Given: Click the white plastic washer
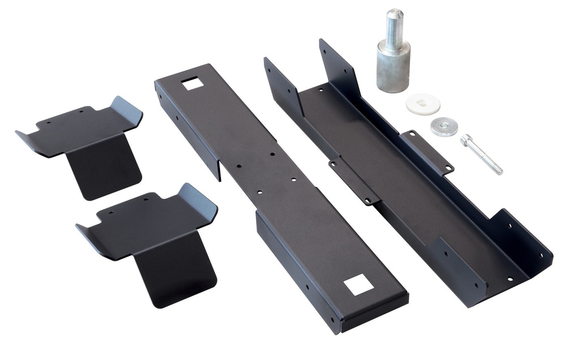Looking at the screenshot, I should tap(423, 104).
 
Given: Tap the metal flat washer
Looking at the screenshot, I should tap(444, 126).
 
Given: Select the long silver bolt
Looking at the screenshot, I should tap(482, 154).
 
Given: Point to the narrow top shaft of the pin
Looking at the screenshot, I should tap(394, 25).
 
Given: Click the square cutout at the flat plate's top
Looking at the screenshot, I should tap(193, 84).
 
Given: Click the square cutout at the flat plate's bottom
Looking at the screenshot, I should tap(359, 284).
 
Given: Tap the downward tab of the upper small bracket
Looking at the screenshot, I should tap(105, 170).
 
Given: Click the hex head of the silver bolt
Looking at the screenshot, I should tap(466, 139).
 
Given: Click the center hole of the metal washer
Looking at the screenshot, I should tap(444, 125).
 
